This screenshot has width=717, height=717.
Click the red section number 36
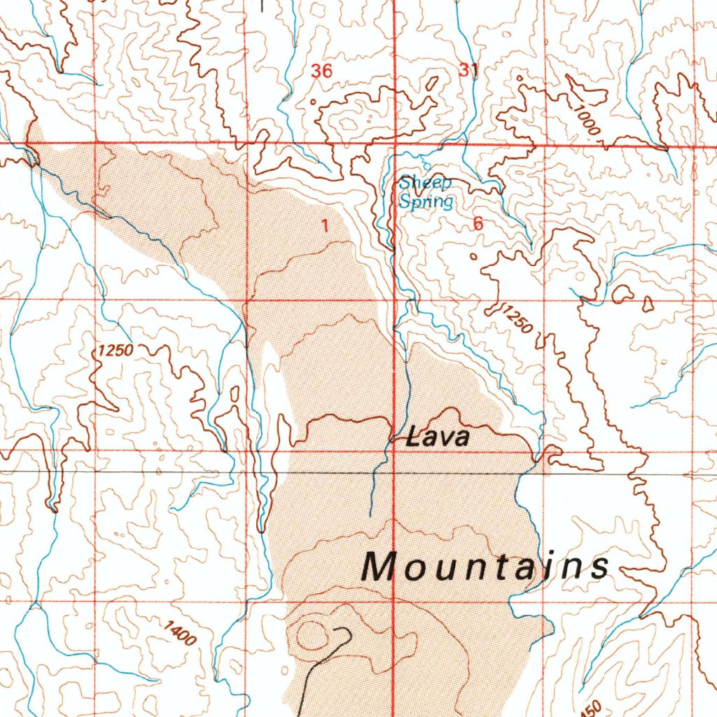click(321, 71)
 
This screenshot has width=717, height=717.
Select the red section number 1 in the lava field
click(324, 225)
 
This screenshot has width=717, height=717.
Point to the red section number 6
click(478, 224)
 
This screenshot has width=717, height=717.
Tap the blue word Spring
click(426, 202)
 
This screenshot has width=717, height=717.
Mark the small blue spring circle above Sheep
click(426, 168)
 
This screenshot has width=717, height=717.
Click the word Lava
click(438, 438)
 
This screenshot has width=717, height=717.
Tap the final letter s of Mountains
click(600, 566)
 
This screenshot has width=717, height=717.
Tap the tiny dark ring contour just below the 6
click(473, 257)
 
